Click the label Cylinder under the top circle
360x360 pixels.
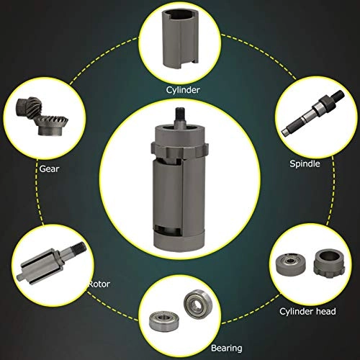coord(183,90)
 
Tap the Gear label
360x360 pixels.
coord(49,168)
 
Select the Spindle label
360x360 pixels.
coord(305,163)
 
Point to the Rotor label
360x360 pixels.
coord(99,284)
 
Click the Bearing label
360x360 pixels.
coord(227,348)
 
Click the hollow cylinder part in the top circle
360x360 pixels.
coord(180,39)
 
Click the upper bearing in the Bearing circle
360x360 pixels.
coord(198,304)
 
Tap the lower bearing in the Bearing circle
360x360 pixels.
coord(163,320)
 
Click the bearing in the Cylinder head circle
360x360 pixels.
coord(291,265)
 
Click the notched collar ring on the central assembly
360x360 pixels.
coord(179,151)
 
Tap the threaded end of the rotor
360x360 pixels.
coord(78,248)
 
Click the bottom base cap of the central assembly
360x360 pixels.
coord(179,241)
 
